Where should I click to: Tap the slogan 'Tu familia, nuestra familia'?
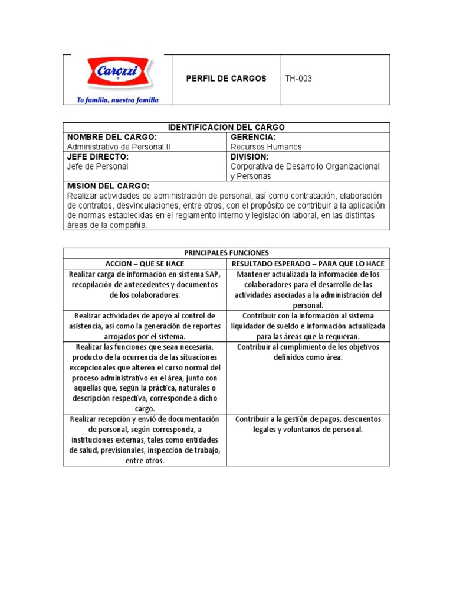click(x=117, y=100)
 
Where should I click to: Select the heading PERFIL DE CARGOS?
click(x=226, y=79)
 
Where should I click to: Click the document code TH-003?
click(x=298, y=79)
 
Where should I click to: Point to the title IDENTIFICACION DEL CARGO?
click(x=226, y=127)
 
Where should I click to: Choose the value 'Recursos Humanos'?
click(x=265, y=147)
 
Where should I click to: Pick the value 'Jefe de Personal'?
click(x=97, y=167)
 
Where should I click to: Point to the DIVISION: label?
click(x=250, y=157)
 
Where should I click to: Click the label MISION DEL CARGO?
click(x=109, y=186)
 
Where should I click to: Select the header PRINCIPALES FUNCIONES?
click(x=226, y=252)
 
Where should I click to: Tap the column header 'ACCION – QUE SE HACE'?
click(x=145, y=264)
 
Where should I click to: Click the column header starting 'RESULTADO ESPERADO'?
click(x=308, y=264)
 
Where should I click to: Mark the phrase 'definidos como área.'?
click(x=308, y=357)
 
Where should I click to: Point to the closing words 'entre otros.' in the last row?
click(x=145, y=461)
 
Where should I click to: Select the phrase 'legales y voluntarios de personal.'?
click(x=308, y=430)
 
